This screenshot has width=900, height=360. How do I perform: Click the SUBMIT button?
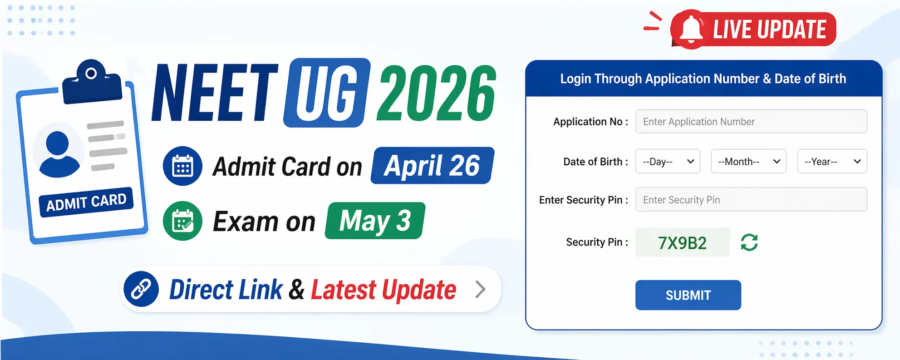point(688,295)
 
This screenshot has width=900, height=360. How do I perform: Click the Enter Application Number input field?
point(751,122)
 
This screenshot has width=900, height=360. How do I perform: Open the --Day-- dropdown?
point(668,162)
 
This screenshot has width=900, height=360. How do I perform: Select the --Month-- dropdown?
point(748,162)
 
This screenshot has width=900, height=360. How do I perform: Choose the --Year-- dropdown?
point(831,162)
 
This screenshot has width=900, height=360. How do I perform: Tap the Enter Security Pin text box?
point(751,200)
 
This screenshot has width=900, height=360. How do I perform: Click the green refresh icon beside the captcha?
point(749,242)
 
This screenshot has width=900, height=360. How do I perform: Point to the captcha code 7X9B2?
point(682,243)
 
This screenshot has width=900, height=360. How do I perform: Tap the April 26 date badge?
point(432,166)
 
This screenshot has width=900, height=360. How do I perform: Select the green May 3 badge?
point(375,221)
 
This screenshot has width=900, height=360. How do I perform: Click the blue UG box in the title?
point(327,93)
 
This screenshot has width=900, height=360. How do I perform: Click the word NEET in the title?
point(215,93)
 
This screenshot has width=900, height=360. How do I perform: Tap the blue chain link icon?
point(141,289)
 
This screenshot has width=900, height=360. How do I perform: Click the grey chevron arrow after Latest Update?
point(480,289)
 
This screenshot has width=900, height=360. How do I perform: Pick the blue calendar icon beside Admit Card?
point(182,166)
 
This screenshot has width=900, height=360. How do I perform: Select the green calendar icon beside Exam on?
point(182,221)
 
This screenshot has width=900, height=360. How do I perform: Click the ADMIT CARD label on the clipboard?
point(86,202)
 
